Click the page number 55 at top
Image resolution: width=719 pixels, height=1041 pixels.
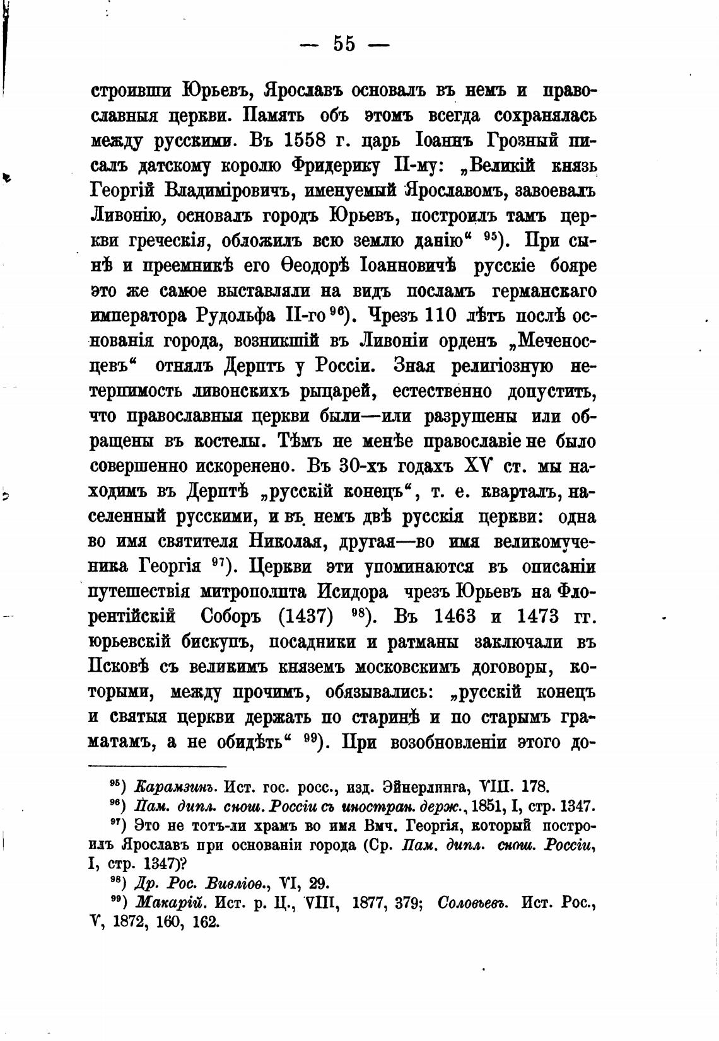tap(344, 44)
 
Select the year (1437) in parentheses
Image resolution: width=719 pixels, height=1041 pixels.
tap(305, 616)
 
